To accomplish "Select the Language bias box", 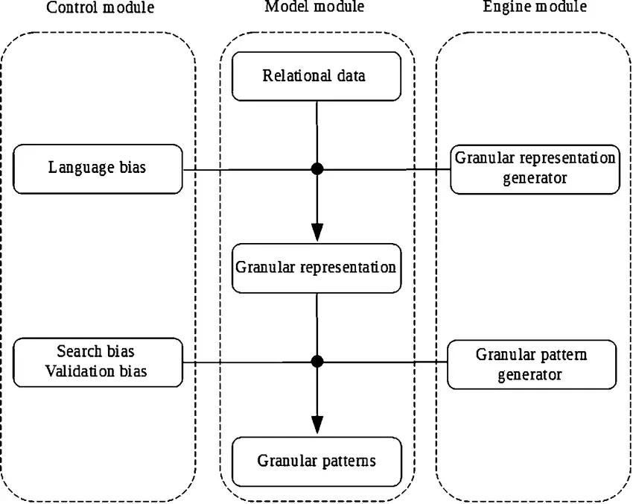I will click(x=98, y=168).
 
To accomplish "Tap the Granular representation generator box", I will click(x=535, y=168).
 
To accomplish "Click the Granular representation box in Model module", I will click(x=316, y=267).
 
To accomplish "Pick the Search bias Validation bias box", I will click(x=98, y=362).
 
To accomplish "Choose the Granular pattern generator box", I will click(x=532, y=364).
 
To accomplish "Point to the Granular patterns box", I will click(x=316, y=461).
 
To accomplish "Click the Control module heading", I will click(x=101, y=8).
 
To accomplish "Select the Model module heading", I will click(x=314, y=8).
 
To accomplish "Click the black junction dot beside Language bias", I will click(x=317, y=169).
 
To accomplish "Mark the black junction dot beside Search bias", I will click(x=317, y=362).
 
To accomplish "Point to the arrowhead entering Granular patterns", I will click(x=317, y=423).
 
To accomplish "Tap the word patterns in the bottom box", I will click(x=349, y=461).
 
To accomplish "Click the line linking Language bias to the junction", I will click(x=246, y=170).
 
